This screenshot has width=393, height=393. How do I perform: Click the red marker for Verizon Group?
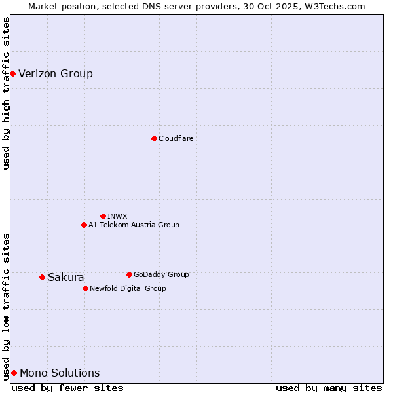tap(12, 73)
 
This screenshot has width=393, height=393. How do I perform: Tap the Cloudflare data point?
tap(154, 138)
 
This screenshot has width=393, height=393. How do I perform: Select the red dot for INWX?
tap(103, 216)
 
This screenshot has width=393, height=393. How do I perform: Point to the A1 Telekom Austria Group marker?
tap(84, 225)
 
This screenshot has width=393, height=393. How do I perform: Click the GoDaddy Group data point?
tap(129, 274)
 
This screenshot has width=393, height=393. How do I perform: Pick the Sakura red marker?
tap(42, 277)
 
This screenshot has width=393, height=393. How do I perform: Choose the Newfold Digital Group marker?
tap(85, 288)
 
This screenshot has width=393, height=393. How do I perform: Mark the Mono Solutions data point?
tap(14, 373)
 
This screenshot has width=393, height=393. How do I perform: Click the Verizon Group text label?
tap(56, 73)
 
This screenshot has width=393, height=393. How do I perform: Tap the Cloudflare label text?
tap(176, 138)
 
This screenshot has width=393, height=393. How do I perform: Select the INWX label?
tap(117, 216)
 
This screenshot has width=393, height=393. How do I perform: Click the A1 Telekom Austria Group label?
tap(134, 225)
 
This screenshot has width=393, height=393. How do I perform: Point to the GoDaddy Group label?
tap(161, 274)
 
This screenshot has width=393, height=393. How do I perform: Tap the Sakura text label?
tap(65, 277)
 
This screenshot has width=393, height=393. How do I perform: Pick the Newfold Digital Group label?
tap(128, 288)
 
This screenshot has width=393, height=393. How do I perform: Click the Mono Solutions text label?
tap(60, 373)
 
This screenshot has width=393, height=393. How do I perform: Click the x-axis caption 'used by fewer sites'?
tap(67, 388)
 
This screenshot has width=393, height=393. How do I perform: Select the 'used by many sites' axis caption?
tap(329, 388)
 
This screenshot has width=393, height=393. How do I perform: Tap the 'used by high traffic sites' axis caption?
tap(6, 93)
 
